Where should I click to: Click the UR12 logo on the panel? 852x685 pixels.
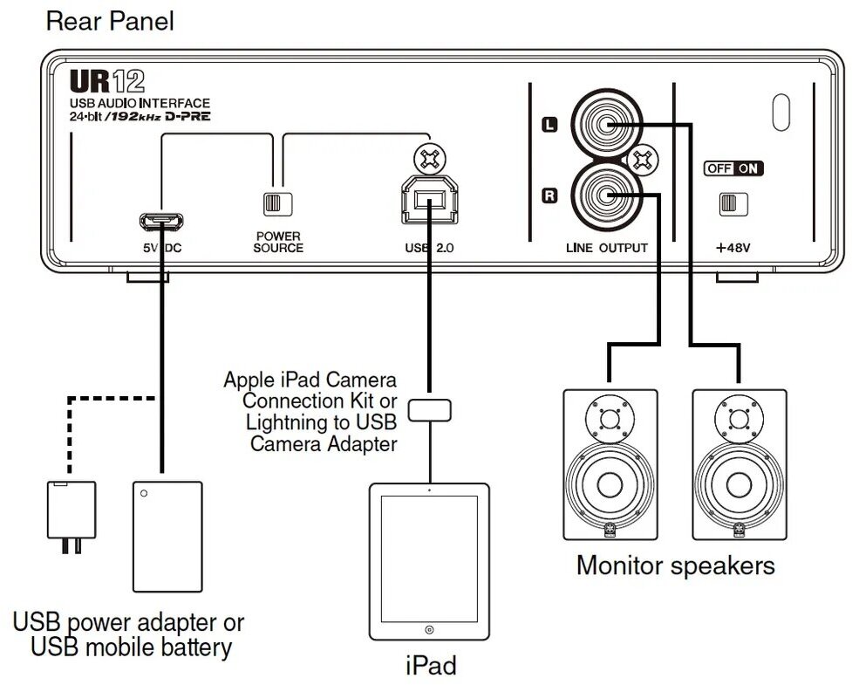click(x=107, y=81)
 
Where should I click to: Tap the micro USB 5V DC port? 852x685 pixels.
click(x=161, y=221)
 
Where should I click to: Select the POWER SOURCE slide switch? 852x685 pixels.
click(x=277, y=204)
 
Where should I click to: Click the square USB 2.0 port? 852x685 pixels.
click(x=429, y=200)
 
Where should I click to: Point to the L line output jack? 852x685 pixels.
click(x=606, y=125)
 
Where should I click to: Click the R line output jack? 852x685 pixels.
click(x=606, y=196)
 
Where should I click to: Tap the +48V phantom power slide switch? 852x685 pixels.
click(x=733, y=204)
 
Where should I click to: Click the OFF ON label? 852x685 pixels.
click(x=733, y=168)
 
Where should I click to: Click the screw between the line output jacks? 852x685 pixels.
click(x=644, y=161)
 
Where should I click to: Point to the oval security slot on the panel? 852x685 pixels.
click(x=780, y=113)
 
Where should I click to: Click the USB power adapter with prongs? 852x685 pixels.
click(x=72, y=517)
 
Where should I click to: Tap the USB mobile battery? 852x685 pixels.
click(x=168, y=537)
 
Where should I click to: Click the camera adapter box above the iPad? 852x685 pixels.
click(x=430, y=410)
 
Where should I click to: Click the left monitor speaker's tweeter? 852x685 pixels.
click(x=610, y=419)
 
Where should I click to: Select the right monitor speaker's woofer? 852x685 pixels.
click(x=739, y=484)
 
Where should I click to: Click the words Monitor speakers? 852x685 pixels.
click(x=675, y=566)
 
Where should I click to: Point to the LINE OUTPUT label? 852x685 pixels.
click(x=607, y=248)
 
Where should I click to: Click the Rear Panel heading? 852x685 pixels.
click(x=110, y=22)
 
